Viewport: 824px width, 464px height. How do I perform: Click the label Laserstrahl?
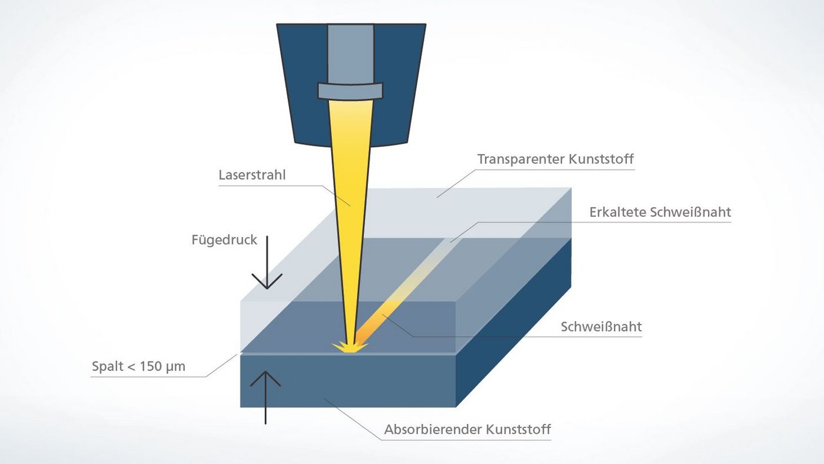coord(252,175)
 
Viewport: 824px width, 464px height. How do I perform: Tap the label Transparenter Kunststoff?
coord(555,160)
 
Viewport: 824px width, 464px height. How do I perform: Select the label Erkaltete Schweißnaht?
coord(660,213)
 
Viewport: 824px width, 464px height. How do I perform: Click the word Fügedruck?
coord(224,240)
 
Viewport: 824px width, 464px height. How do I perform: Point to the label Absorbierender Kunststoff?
coord(467,429)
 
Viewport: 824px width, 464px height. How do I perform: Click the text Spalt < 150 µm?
coord(138,367)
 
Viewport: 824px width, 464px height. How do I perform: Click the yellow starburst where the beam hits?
coord(349,347)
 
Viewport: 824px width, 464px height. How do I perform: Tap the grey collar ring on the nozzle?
coord(350,90)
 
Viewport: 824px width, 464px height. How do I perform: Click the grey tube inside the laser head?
coord(350,53)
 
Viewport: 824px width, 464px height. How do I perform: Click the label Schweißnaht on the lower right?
coord(601,327)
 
